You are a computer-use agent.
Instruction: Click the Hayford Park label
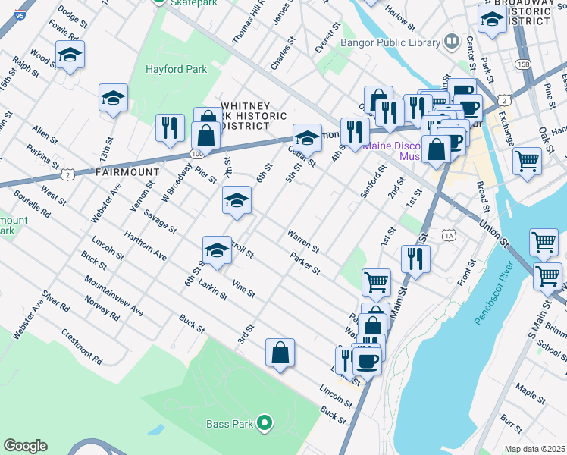click(176, 70)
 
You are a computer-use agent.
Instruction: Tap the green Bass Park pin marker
click(265, 422)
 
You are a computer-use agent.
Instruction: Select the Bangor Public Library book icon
click(452, 39)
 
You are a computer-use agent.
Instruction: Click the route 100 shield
click(197, 153)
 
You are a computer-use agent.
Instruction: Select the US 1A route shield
click(450, 236)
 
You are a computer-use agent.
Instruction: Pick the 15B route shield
click(522, 64)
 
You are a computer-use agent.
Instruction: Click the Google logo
click(25, 445)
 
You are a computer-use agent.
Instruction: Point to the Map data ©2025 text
click(534, 449)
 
